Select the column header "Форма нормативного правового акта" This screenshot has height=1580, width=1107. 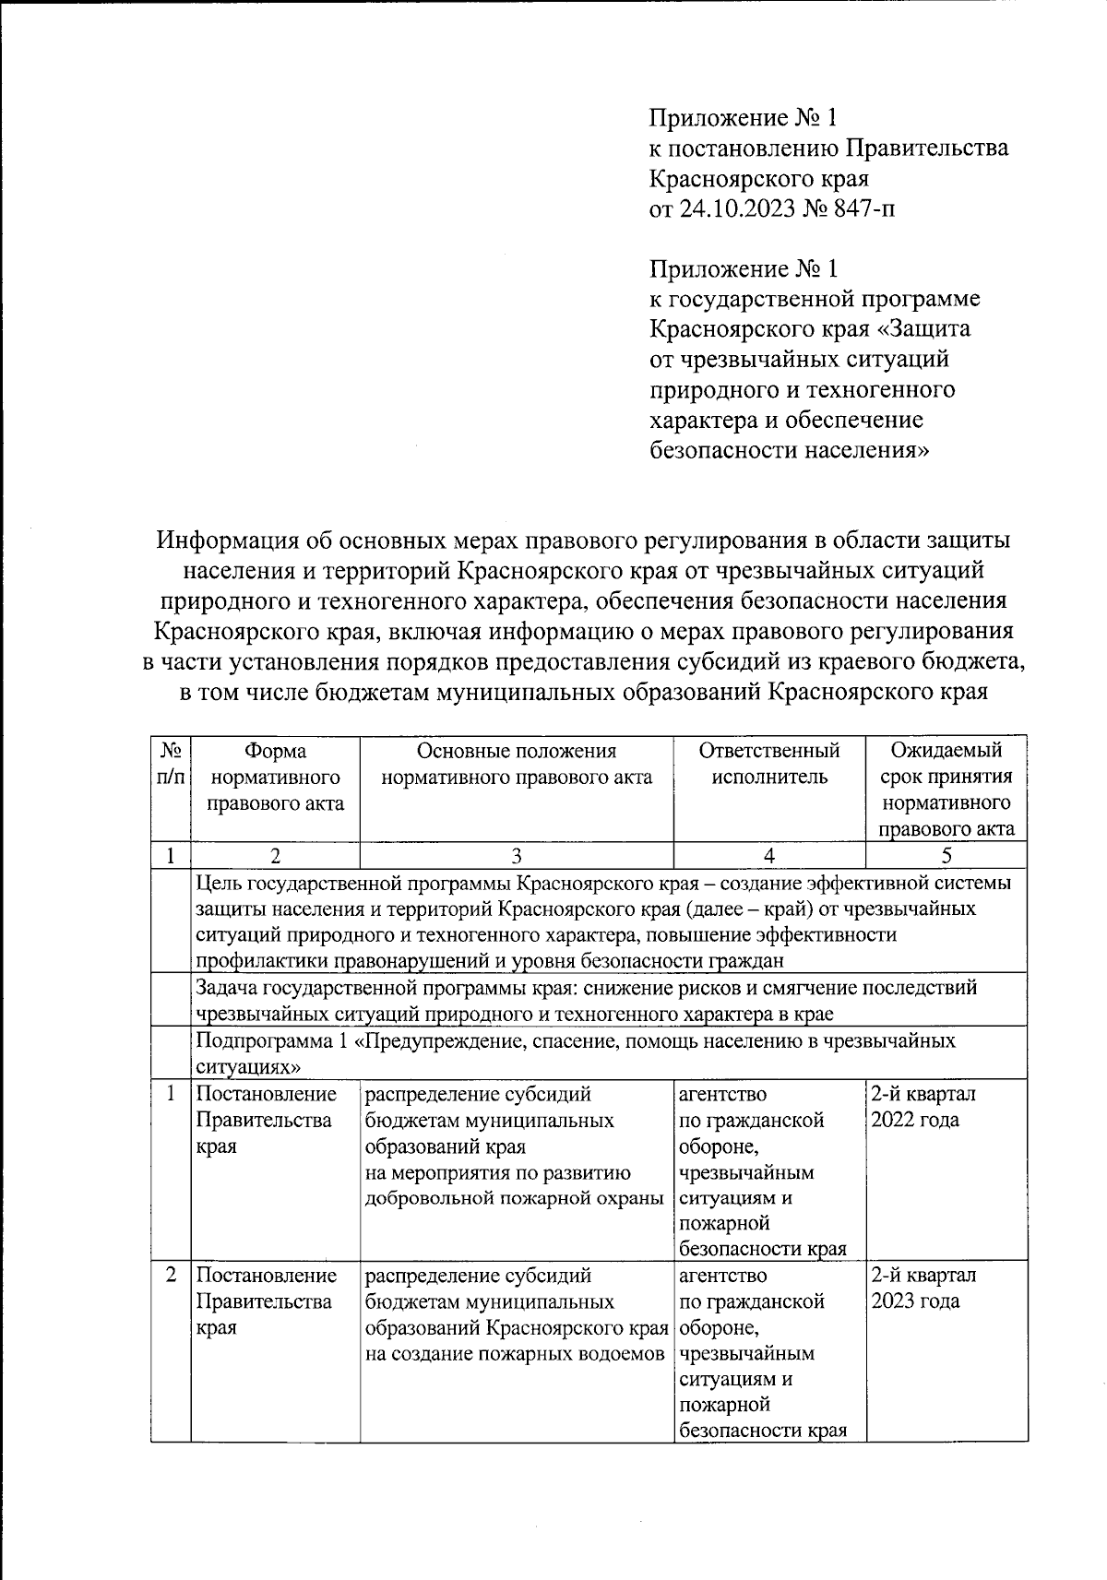(x=275, y=777)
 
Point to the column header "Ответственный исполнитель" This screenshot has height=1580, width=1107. (x=769, y=764)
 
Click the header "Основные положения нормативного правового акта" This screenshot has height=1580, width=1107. (x=517, y=764)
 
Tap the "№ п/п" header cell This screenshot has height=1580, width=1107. (x=171, y=764)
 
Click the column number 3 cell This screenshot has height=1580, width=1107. (x=517, y=855)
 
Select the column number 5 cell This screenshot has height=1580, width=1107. (x=946, y=855)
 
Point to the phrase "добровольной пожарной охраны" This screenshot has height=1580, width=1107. (x=515, y=1198)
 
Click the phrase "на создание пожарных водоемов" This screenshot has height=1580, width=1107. (x=515, y=1354)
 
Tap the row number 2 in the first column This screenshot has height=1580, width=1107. (x=171, y=1277)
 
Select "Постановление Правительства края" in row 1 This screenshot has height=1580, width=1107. (x=266, y=1120)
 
